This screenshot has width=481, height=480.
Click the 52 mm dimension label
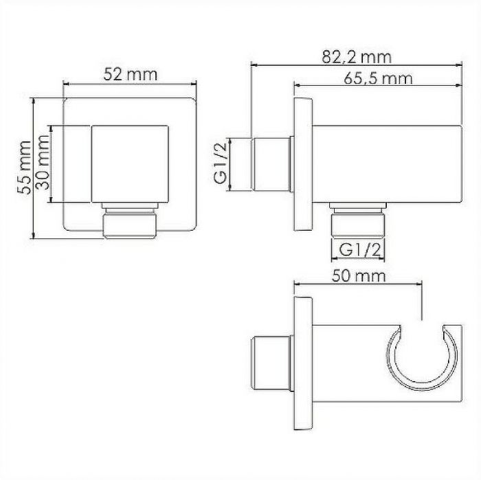(130, 74)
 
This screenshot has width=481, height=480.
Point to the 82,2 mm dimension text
(355, 56)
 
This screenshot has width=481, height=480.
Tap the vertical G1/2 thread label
(221, 165)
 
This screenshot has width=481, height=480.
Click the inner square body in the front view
(131, 165)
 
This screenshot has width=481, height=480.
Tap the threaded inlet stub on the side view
(272, 165)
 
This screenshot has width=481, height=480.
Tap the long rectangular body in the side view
(388, 165)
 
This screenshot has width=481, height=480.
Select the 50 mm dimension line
(357, 285)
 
